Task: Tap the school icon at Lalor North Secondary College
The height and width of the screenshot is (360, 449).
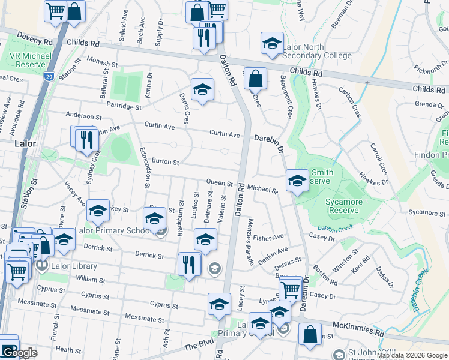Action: coord(272,44)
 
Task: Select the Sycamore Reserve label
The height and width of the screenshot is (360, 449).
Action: coord(343,206)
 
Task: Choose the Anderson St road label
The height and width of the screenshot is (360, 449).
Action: coord(84,116)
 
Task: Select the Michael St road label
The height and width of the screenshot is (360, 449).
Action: coord(263,190)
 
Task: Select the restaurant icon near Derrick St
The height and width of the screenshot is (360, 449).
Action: coord(189,264)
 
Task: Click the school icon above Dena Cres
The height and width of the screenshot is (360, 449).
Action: coord(202,90)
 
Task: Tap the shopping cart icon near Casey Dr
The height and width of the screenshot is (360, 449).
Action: coord(291,289)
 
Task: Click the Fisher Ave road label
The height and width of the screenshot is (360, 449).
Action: coord(268,238)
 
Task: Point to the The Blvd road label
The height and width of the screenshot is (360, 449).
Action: coord(199,346)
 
